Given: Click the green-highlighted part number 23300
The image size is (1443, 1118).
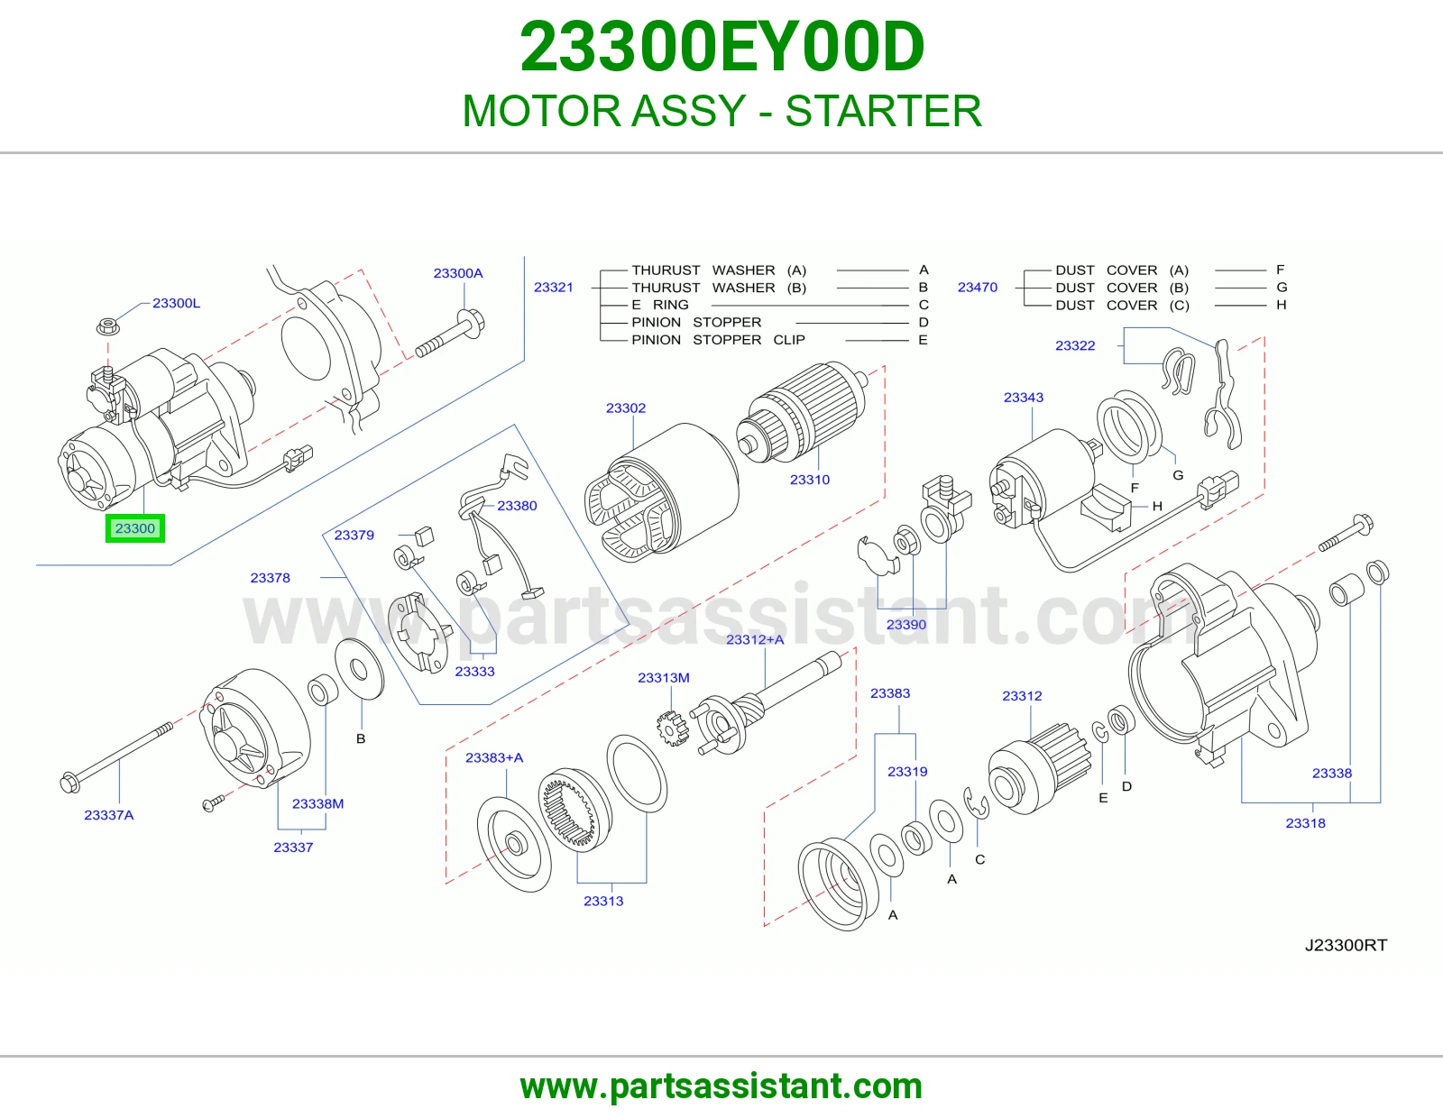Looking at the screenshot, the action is coord(134,528).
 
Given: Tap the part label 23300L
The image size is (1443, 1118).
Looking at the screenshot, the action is coord(176,303).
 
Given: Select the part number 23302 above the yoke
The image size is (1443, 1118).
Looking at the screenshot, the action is coord(626,408).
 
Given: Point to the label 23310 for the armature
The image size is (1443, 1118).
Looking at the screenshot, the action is coord(810,480).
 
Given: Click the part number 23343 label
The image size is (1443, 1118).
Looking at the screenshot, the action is coord(1024,397).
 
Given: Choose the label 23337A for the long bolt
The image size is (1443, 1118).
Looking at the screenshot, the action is coord(109,814).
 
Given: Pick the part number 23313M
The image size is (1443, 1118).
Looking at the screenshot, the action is coord(664,677).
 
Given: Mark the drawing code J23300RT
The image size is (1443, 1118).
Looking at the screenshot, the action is coord(1346,945).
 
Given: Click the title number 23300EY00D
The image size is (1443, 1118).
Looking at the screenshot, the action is coord(721,47).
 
